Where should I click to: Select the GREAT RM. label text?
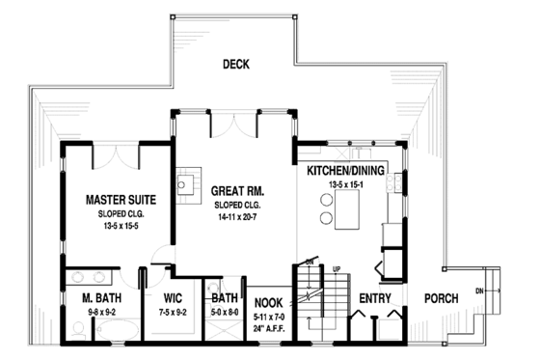[x=238, y=191]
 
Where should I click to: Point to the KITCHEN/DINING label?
[x=346, y=170]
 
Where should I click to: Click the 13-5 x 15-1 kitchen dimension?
[x=344, y=183]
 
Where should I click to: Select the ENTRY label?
[x=374, y=299]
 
